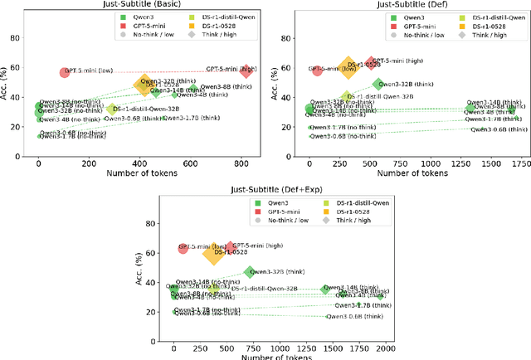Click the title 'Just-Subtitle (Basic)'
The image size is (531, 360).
click(143, 6)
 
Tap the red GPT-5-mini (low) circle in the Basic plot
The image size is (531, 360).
click(65, 73)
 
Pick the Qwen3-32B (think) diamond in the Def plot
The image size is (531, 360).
click(378, 84)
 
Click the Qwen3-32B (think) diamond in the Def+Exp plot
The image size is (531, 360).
click(249, 272)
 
